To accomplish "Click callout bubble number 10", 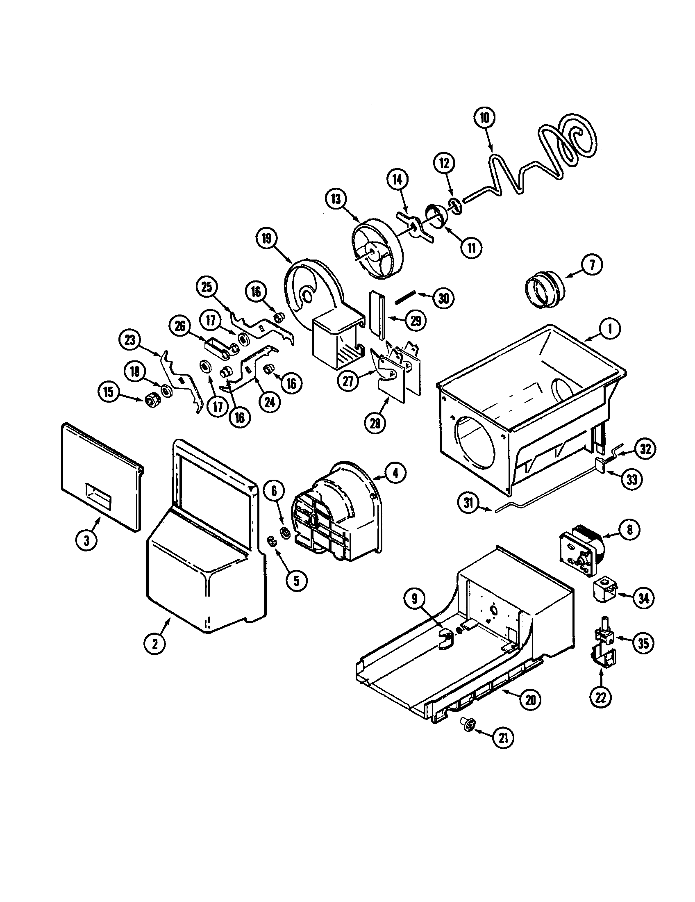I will tap(484, 118).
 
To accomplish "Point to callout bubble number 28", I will tap(374, 424).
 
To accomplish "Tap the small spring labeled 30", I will tap(404, 297).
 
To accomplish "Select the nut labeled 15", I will tap(150, 399).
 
